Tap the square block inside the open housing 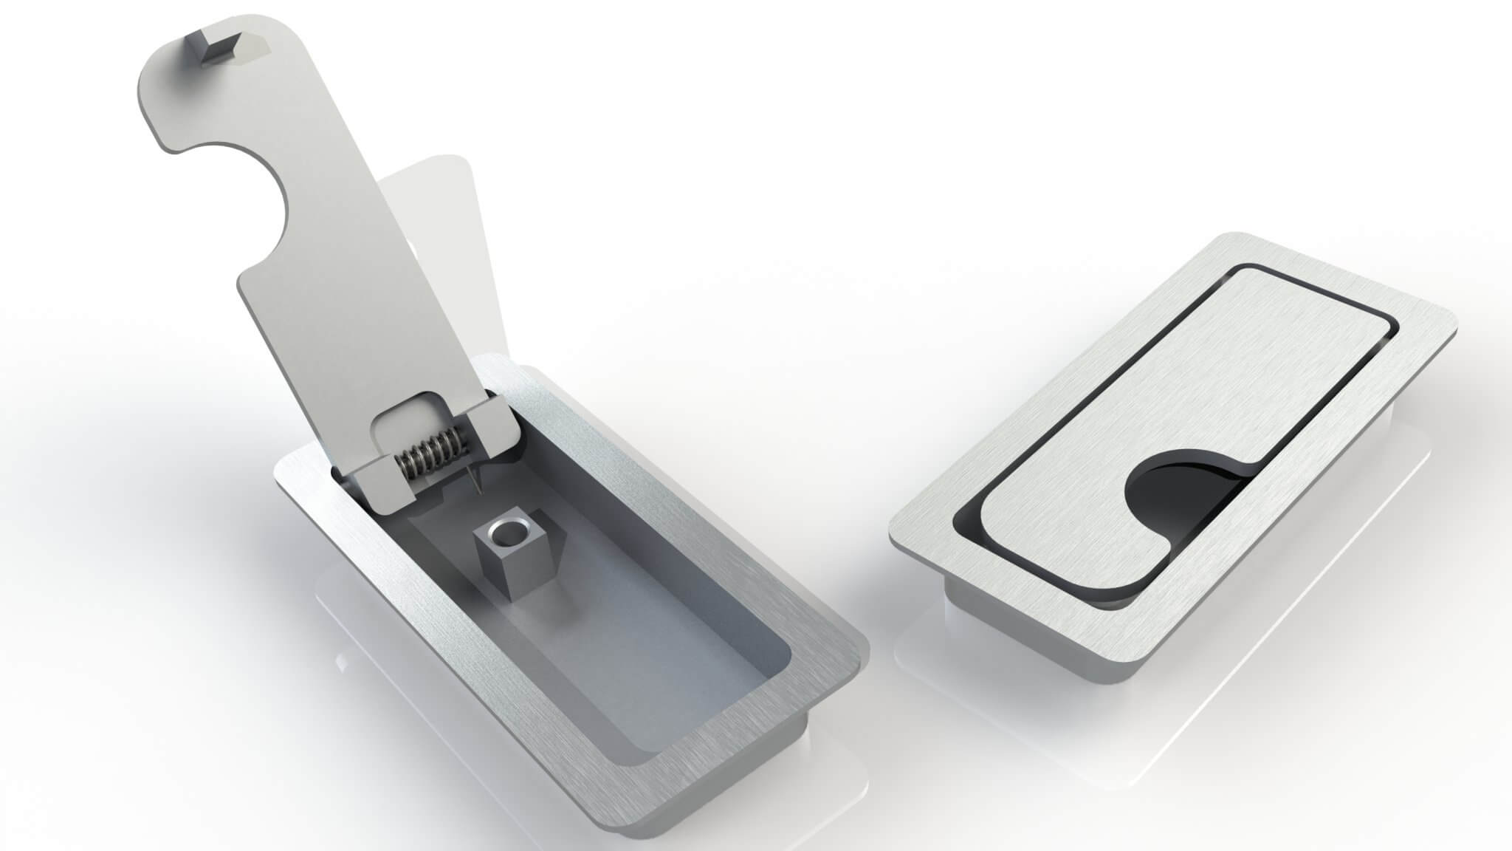[x=510, y=550]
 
